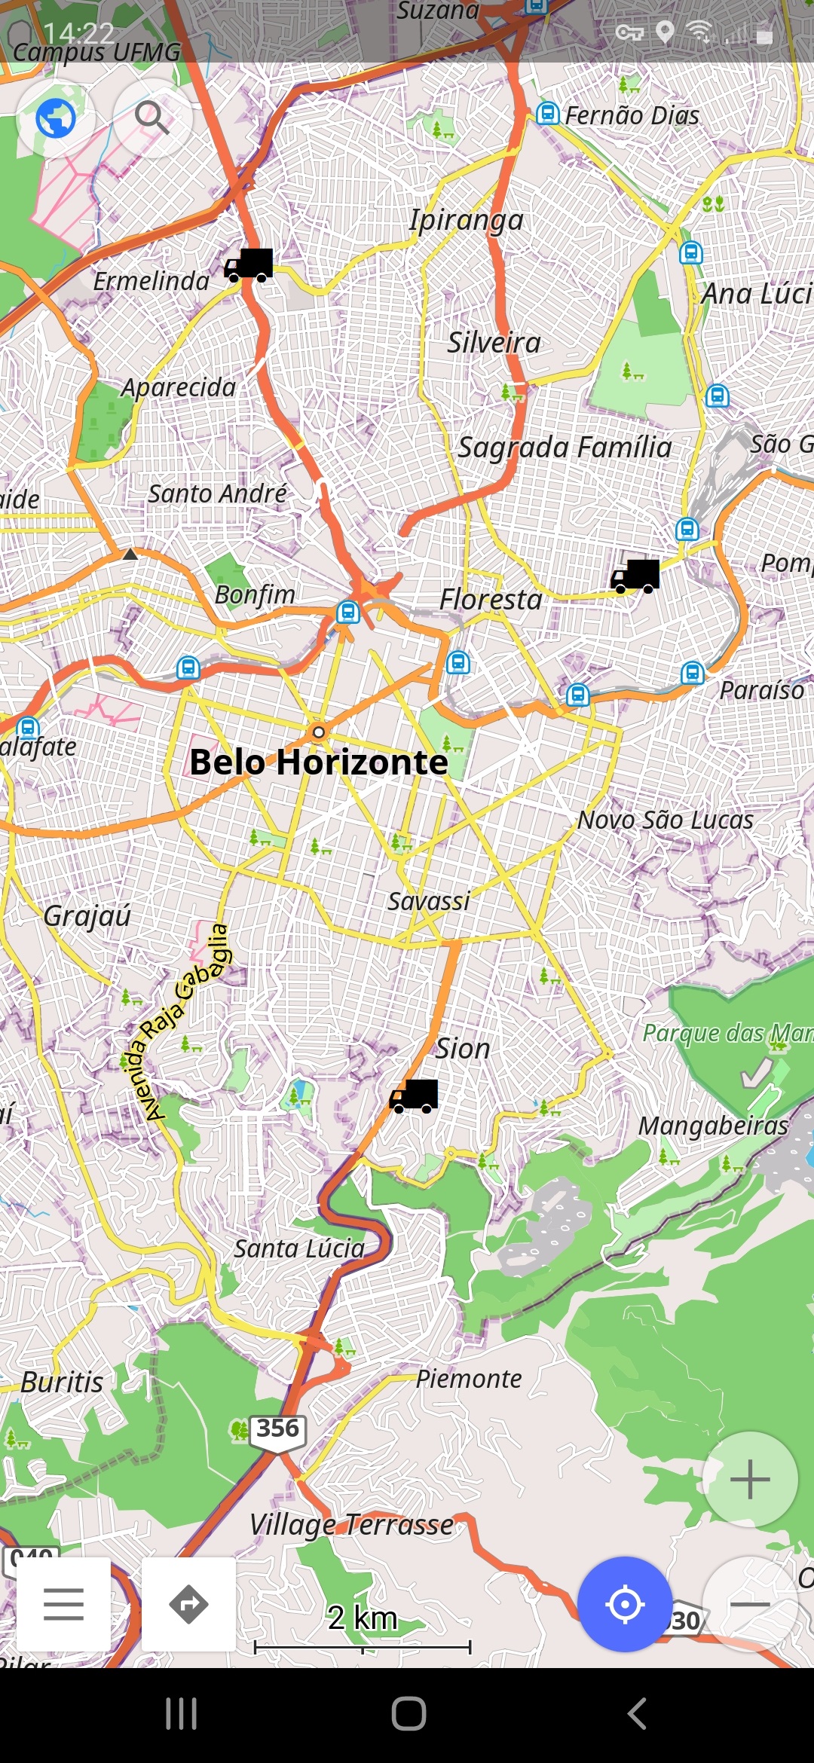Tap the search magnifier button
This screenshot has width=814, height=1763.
click(x=151, y=118)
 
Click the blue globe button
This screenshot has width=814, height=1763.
click(x=56, y=118)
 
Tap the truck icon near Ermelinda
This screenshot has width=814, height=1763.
click(x=249, y=265)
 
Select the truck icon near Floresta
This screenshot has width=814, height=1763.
click(x=635, y=576)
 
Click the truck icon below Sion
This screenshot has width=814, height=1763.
click(x=414, y=1096)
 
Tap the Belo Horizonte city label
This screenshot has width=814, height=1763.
click(x=318, y=762)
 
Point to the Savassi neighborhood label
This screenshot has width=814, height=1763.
click(x=428, y=901)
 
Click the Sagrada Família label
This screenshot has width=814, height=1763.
click(x=565, y=448)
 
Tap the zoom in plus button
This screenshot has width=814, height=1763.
click(x=750, y=1480)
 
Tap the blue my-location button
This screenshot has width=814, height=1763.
click(x=625, y=1604)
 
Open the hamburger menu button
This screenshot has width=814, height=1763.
click(x=64, y=1604)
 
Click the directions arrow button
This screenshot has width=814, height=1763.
click(x=188, y=1604)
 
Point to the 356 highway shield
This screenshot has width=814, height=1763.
click(x=277, y=1429)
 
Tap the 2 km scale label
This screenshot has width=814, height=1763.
click(x=362, y=1618)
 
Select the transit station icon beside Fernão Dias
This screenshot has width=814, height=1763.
click(x=548, y=114)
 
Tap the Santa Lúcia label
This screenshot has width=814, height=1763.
click(x=299, y=1249)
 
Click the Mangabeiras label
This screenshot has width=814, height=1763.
click(x=713, y=1126)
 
